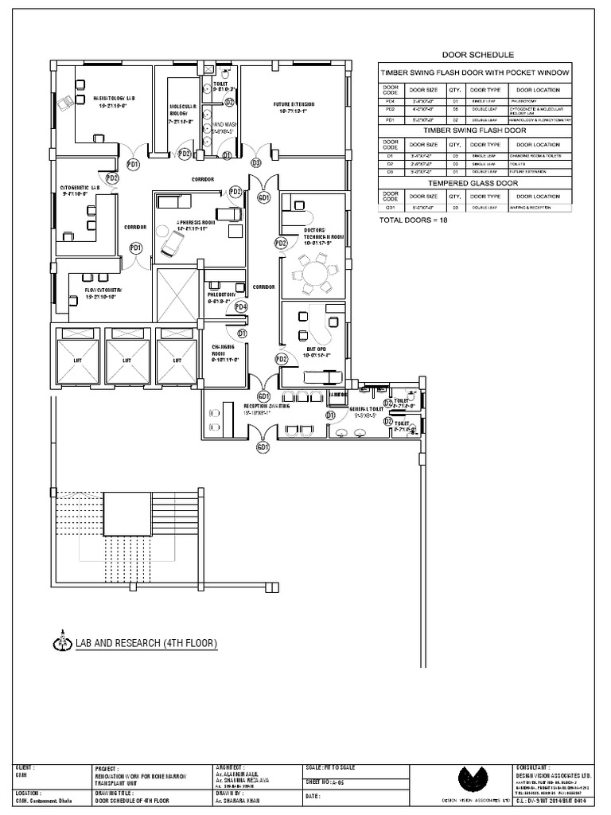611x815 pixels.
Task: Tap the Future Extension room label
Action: (x=294, y=108)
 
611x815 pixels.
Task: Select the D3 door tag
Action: (x=255, y=162)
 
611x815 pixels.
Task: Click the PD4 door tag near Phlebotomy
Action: (x=241, y=306)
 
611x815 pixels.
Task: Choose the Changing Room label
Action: (x=221, y=353)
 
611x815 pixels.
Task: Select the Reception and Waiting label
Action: (x=267, y=409)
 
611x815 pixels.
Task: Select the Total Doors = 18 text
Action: (x=414, y=220)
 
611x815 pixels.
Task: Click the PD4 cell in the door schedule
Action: (x=390, y=102)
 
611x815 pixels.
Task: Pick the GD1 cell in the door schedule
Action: (x=390, y=207)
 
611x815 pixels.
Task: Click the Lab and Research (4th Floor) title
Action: (x=146, y=642)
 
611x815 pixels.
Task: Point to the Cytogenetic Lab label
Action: (x=80, y=191)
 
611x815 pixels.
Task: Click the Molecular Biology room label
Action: (x=182, y=114)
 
